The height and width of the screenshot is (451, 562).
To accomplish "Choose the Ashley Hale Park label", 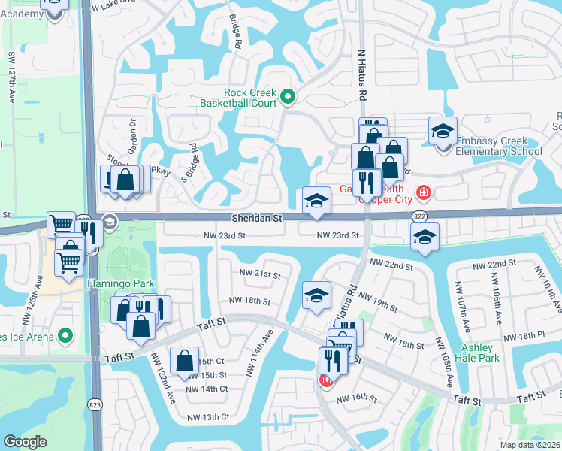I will pyautogui.click(x=476, y=353).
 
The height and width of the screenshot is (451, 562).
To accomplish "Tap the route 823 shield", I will pyautogui.click(x=94, y=404).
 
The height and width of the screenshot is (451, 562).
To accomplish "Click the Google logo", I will pyautogui.click(x=25, y=442).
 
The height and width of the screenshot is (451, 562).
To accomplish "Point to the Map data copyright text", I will pyautogui.click(x=530, y=445).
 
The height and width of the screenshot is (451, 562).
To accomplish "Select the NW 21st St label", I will pyautogui.click(x=259, y=273).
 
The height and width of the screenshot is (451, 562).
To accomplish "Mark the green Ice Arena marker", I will pyautogui.click(x=65, y=335).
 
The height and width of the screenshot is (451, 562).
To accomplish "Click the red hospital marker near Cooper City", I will pyautogui.click(x=425, y=193).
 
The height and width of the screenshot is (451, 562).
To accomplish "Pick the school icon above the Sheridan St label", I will pyautogui.click(x=316, y=201).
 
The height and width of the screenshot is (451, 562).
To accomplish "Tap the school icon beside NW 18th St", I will pyautogui.click(x=316, y=295).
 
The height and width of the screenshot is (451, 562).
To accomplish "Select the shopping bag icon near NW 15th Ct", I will pyautogui.click(x=184, y=361).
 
